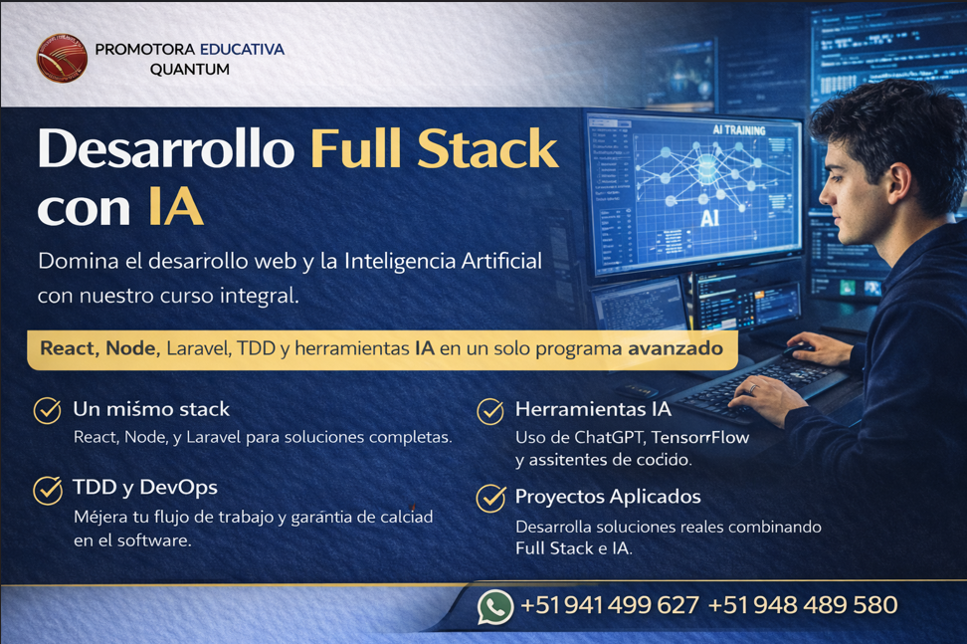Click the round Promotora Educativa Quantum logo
(x=62, y=58)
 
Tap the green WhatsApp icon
(x=494, y=606)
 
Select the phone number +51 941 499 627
(x=609, y=605)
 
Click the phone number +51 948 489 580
(x=803, y=605)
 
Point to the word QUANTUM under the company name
(x=189, y=70)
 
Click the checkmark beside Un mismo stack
(x=47, y=410)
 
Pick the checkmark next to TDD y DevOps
(x=47, y=489)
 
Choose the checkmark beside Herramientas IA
(x=489, y=410)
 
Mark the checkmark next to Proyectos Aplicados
(x=490, y=497)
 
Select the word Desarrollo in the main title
(x=165, y=149)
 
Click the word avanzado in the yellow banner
(x=675, y=349)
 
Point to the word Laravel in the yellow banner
(x=199, y=349)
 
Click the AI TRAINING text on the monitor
(x=738, y=130)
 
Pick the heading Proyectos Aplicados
(x=607, y=497)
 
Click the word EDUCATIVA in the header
(x=242, y=49)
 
